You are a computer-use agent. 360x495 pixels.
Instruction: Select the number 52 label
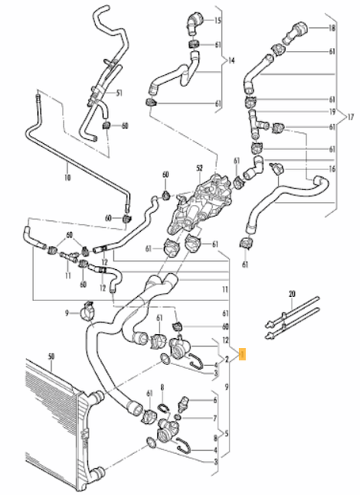pos(199,168)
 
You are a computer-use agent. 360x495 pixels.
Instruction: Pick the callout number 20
pos(291,295)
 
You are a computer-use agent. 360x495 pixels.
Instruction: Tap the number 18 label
pos(332,28)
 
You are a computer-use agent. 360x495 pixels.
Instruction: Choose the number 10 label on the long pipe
pos(67,177)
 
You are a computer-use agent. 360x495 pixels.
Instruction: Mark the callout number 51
pos(119,94)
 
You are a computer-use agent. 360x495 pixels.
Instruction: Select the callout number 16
pos(332,168)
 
